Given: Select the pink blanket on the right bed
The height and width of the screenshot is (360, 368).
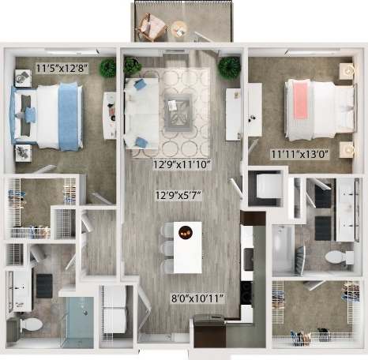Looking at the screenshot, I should point(301,100).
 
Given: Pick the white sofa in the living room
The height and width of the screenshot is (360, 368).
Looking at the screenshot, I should point(140,115).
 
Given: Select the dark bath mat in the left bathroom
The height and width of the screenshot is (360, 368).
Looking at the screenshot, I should point(44,286).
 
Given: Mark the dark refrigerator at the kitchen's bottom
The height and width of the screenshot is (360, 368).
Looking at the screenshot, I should point(210,330).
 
